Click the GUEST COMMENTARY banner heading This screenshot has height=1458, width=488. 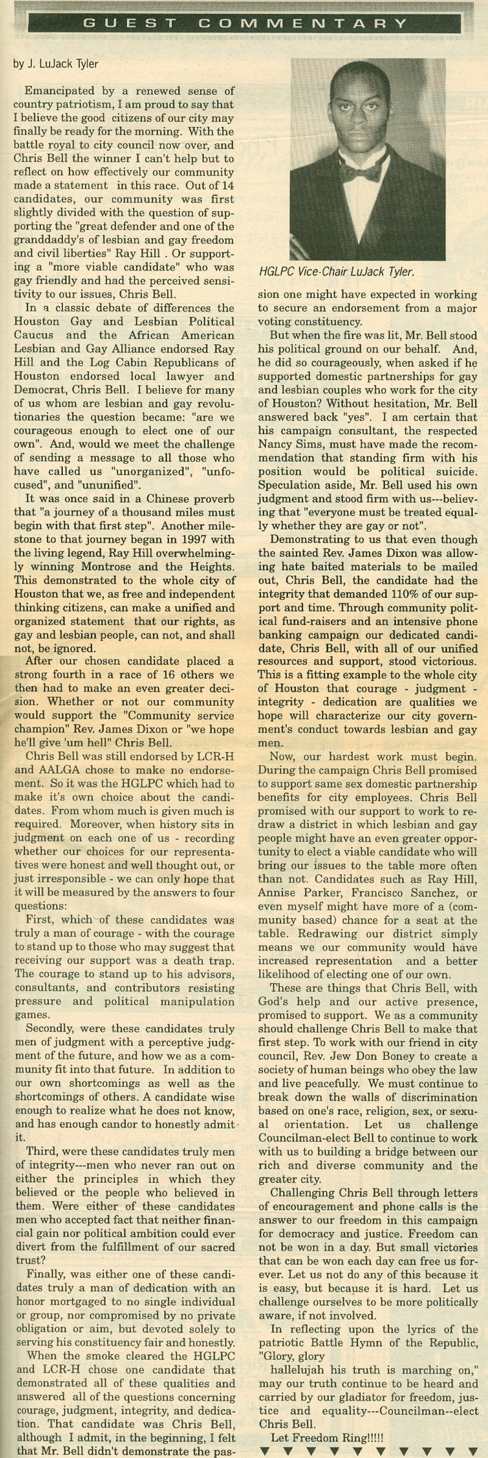[x=244, y=24]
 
